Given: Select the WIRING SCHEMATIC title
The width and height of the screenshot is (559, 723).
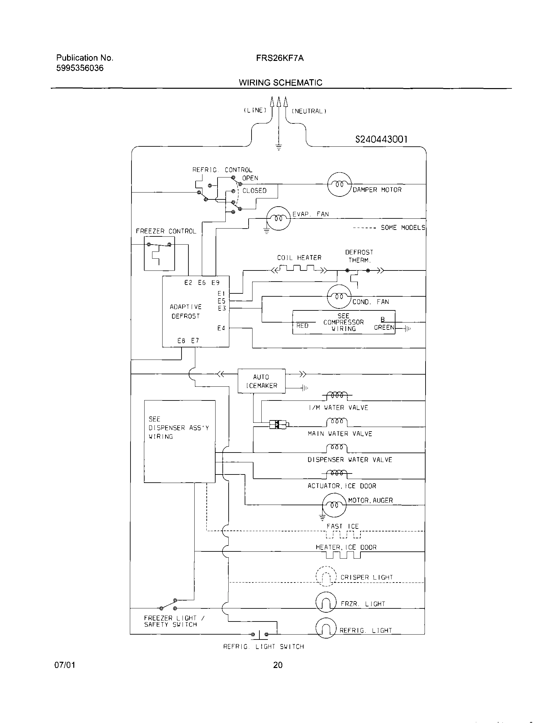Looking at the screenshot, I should [x=281, y=83].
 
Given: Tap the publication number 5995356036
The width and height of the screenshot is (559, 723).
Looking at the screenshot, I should [x=80, y=68].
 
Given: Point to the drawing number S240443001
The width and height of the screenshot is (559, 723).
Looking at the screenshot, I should [x=381, y=139].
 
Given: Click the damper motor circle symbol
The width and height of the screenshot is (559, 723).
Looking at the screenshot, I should [x=340, y=184].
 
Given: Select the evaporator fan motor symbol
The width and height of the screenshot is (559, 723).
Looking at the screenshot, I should [x=278, y=218].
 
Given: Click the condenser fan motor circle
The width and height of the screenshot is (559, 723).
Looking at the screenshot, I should [x=339, y=296].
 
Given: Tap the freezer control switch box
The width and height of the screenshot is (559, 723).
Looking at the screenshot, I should [x=159, y=253].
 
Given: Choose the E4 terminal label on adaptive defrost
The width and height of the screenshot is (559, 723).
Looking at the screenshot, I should [x=221, y=328].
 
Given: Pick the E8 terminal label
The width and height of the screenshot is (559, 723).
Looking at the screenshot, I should [x=181, y=341].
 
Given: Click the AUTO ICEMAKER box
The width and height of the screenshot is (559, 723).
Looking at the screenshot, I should [x=261, y=381].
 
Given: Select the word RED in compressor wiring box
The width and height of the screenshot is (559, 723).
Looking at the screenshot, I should [x=302, y=326].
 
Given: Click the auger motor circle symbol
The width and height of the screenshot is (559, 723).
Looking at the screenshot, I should [x=334, y=505].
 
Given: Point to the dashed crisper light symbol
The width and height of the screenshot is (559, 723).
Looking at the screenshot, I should [x=326, y=576].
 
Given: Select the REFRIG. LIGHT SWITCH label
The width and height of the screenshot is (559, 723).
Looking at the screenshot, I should [x=263, y=646].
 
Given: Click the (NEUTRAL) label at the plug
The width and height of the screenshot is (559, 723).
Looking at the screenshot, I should [x=309, y=111].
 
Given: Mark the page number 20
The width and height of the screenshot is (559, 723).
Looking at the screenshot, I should [x=278, y=665].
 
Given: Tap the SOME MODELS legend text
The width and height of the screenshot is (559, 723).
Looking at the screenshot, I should [x=403, y=228].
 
